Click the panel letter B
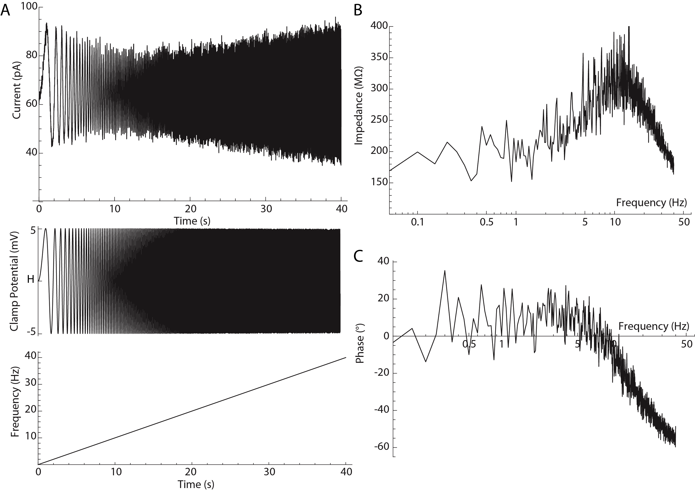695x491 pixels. tap(358, 11)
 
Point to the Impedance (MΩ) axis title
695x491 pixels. tap(359, 105)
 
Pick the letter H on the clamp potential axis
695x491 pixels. tap(31, 279)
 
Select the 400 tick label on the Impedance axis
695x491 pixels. tap(379, 26)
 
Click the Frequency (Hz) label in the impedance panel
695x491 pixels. tap(651, 203)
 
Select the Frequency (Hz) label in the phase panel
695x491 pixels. tap(653, 326)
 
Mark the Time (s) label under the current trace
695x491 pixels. tap(192, 221)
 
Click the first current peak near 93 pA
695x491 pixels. tap(47, 23)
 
